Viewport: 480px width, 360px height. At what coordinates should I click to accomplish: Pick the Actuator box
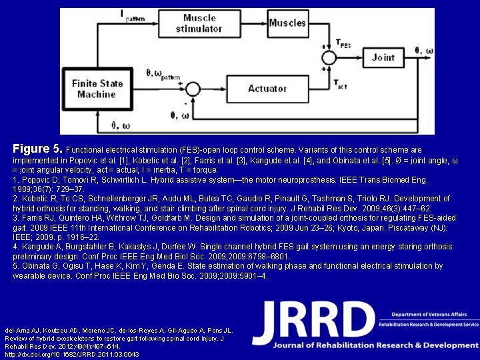[x=267, y=89]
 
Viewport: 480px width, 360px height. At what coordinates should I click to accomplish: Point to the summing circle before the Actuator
[x=193, y=89]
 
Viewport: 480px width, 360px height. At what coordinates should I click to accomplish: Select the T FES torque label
[x=343, y=45]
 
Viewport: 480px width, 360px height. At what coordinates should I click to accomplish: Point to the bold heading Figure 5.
[x=38, y=148]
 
